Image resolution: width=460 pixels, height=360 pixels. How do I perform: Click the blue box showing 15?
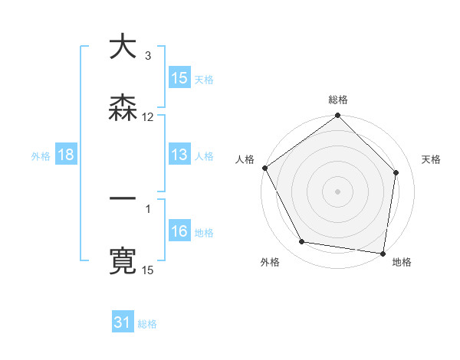179,78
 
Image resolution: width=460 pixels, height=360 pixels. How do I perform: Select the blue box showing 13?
179,155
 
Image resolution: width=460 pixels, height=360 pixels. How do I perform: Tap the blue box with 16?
179,231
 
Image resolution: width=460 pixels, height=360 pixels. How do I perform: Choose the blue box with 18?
66,155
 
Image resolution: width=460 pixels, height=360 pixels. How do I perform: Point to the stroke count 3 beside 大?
147,56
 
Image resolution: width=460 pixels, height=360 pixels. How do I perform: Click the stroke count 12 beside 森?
148,117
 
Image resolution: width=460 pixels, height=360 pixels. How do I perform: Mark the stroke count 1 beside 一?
147,208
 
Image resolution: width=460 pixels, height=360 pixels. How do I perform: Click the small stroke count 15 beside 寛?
148,270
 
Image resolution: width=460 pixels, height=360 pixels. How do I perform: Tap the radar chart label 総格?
338,100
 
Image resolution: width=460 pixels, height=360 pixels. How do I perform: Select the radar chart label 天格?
431,159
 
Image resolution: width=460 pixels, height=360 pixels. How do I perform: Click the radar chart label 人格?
245,159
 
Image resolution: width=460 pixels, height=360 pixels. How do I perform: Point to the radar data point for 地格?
383,253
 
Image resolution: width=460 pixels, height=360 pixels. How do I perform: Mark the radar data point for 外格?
302,242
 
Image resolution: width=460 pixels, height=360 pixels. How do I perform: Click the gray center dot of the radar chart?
338,191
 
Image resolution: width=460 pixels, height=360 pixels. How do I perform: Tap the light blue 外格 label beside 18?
41,155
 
